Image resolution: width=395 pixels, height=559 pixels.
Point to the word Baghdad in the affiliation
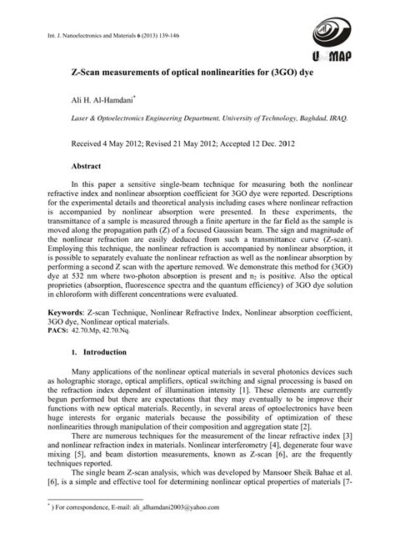click(x=312, y=119)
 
